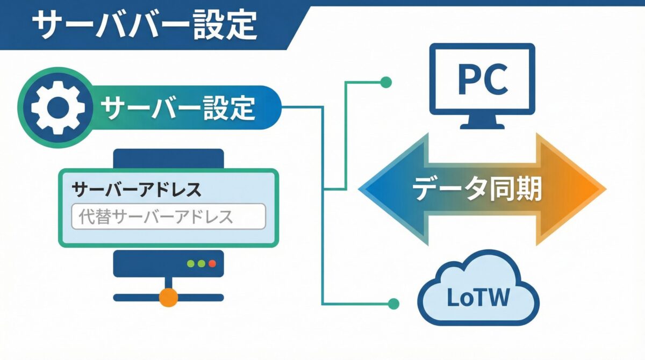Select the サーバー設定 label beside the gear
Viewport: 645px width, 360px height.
[178, 107]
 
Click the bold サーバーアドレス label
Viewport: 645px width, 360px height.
[137, 189]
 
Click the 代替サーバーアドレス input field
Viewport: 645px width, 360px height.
[168, 217]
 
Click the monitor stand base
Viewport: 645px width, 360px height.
[482, 125]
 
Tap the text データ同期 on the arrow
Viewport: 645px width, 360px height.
[476, 189]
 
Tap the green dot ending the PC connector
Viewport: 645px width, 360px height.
[385, 82]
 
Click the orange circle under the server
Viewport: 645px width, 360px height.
[168, 297]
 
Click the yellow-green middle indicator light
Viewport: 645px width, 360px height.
[201, 264]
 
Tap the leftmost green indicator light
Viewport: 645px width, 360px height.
[190, 264]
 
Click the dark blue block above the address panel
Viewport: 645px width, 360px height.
[168, 159]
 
